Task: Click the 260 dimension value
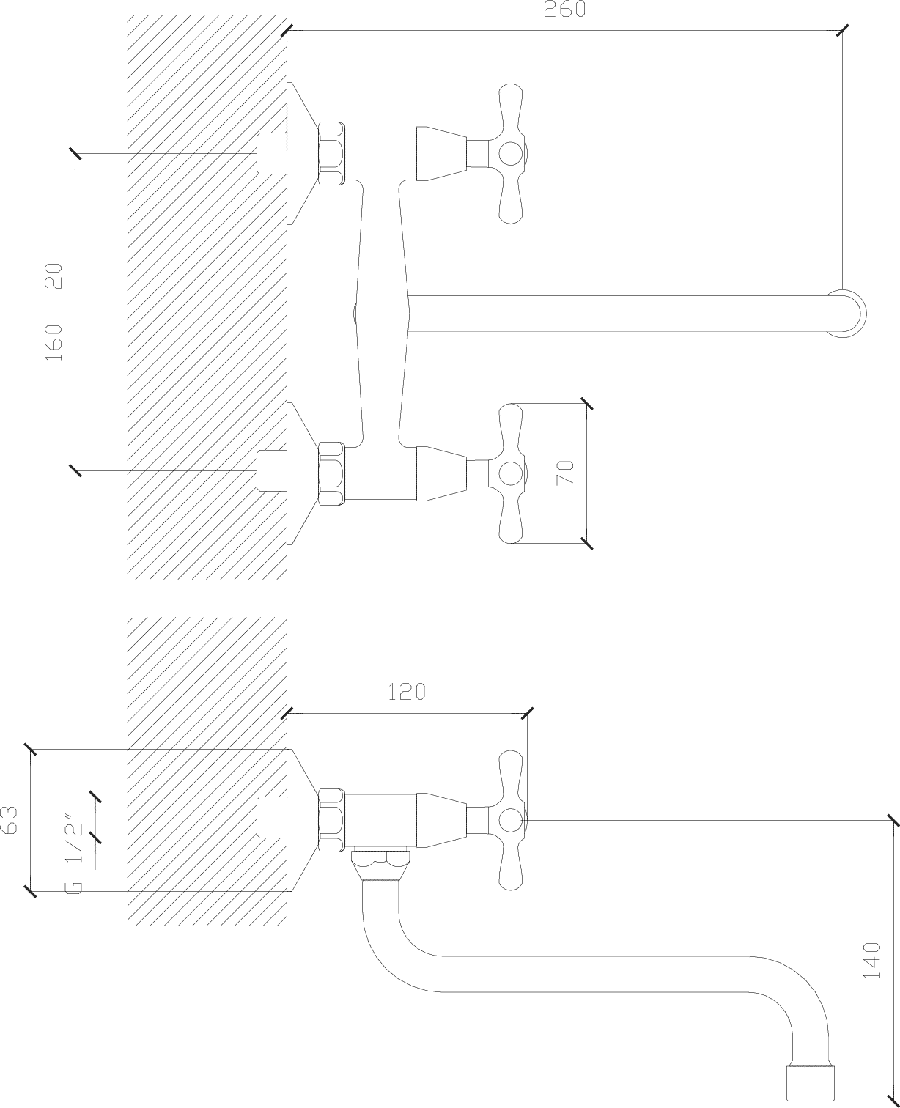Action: tap(564, 9)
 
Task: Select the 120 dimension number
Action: tap(407, 692)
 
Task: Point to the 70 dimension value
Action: tap(564, 473)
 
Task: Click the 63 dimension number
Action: tap(9, 820)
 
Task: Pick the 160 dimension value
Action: tap(54, 343)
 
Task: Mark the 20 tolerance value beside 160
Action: tap(54, 276)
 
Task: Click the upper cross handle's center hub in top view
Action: tap(510, 154)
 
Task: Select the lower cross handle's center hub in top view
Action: tap(510, 473)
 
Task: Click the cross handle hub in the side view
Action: tap(510, 820)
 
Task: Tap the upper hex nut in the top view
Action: tap(331, 153)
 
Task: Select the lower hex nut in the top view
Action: tap(331, 473)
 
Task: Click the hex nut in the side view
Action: tap(331, 820)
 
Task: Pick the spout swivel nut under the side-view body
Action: tap(381, 865)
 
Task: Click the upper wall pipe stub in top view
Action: tap(272, 153)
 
